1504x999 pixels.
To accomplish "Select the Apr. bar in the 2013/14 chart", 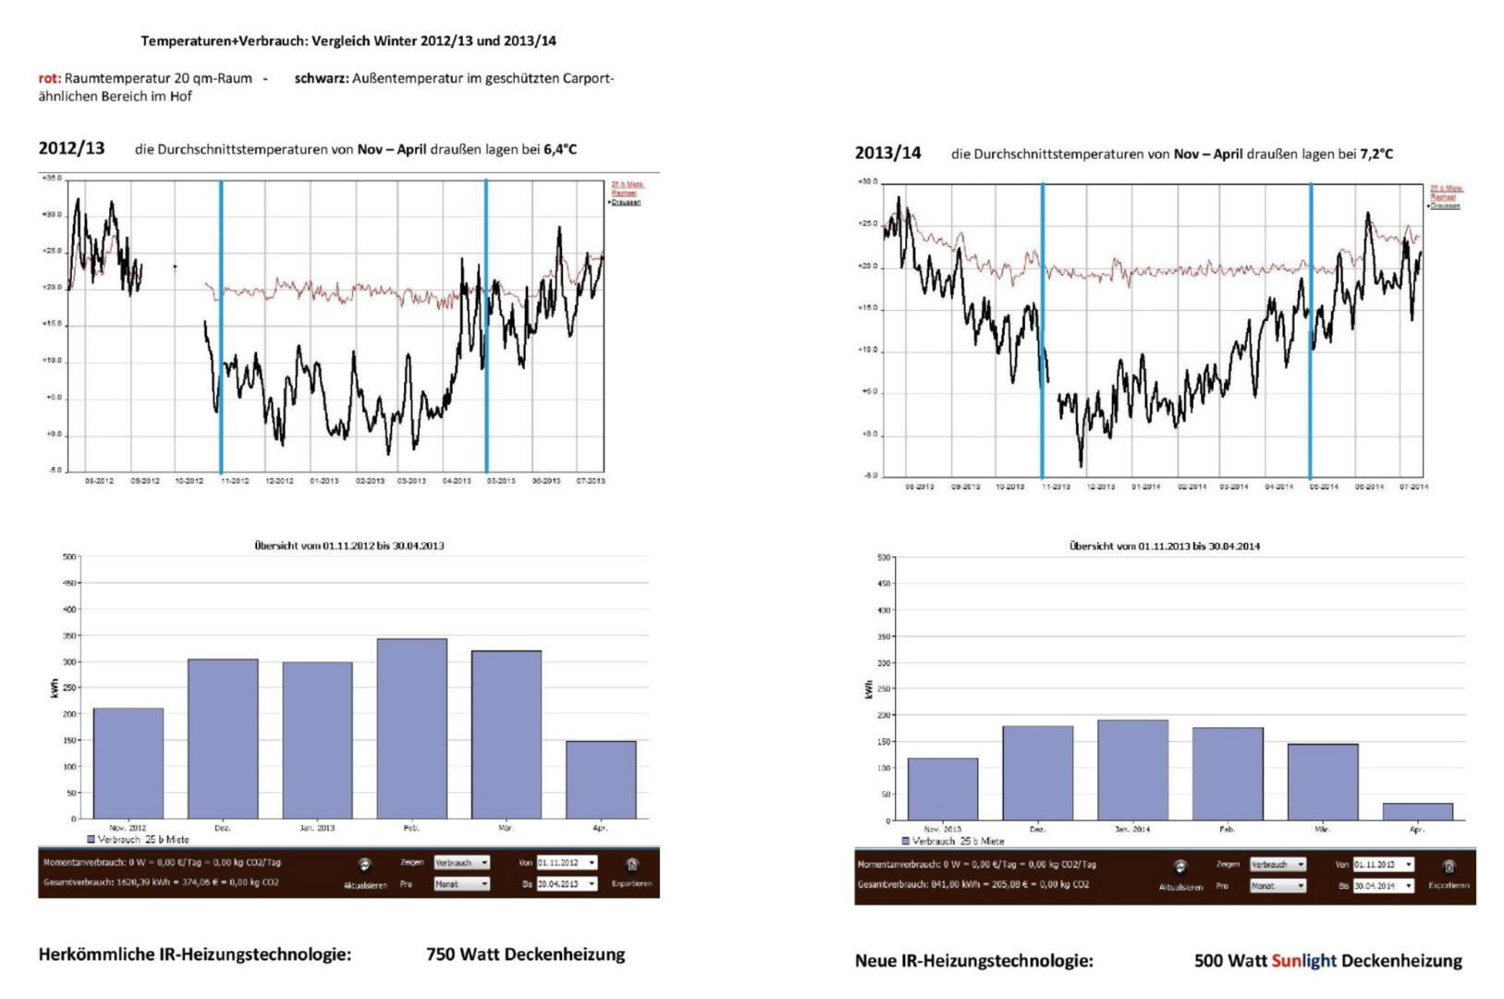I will pyautogui.click(x=1417, y=811).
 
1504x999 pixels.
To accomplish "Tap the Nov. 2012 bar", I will pyautogui.click(x=128, y=763).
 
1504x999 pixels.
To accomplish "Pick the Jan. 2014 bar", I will pyautogui.click(x=1132, y=770).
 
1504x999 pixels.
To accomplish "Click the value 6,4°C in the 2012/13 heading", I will pyautogui.click(x=560, y=149).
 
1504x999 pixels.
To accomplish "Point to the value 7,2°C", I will pyautogui.click(x=1376, y=154).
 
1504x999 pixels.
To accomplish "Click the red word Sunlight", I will pyautogui.click(x=1303, y=960).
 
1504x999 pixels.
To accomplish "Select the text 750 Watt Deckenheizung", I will pyautogui.click(x=525, y=954).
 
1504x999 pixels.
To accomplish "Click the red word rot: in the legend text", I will pyautogui.click(x=50, y=79).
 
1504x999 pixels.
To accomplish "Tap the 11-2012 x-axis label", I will pyautogui.click(x=234, y=481).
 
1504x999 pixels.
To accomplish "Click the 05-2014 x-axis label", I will pyautogui.click(x=1324, y=487).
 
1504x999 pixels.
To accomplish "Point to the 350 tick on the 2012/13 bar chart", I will pyautogui.click(x=69, y=635).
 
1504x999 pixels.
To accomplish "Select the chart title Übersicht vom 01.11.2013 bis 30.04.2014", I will pyautogui.click(x=1164, y=546).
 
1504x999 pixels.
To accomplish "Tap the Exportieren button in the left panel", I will pyautogui.click(x=632, y=871).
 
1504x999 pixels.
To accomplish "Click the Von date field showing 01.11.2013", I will pyautogui.click(x=1383, y=864).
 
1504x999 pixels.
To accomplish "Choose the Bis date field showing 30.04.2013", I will pyautogui.click(x=567, y=883).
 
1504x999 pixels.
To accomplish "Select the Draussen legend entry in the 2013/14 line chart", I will pyautogui.click(x=1445, y=206).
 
